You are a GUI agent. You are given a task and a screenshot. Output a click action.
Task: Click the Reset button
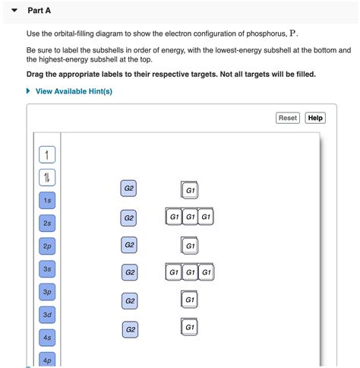[288, 118]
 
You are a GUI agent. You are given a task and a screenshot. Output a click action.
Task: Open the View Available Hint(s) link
[74, 91]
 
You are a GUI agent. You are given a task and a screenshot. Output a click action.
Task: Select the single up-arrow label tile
[47, 154]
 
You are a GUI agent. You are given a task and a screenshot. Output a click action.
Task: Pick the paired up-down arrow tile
[47, 177]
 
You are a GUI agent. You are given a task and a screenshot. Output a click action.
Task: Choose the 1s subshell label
[47, 201]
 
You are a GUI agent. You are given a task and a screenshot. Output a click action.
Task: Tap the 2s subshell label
[47, 224]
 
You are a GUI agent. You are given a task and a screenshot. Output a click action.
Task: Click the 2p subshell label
[47, 246]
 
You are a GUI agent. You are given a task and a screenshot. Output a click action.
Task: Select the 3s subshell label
[47, 269]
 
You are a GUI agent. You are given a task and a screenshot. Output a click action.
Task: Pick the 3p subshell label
[47, 292]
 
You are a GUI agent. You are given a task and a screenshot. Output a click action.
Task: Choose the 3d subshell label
[47, 315]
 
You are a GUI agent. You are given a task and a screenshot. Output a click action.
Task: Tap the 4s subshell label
[47, 338]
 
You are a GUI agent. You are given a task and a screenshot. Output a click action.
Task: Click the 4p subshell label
[47, 360]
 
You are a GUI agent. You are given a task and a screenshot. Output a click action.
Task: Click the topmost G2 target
[128, 189]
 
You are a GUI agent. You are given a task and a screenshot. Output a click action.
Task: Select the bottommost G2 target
[131, 329]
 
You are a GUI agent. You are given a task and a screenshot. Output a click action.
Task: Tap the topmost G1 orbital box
[190, 190]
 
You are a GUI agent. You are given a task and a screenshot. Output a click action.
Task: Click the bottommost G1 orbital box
[189, 327]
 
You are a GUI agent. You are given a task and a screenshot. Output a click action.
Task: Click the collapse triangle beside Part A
[14, 11]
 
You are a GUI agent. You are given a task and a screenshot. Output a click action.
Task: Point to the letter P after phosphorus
[292, 33]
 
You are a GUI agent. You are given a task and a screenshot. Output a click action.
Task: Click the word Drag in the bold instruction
[35, 75]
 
